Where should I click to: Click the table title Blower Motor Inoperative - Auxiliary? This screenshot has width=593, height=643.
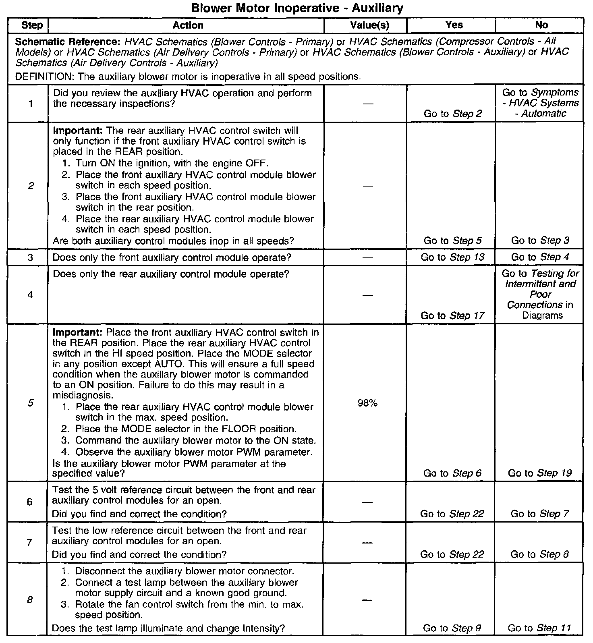pyautogui.click(x=297, y=8)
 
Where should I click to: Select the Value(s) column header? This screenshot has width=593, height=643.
pyautogui.click(x=369, y=25)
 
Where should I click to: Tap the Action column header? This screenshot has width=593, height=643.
pyautogui.click(x=188, y=25)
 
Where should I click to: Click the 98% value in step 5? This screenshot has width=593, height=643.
pyautogui.click(x=367, y=403)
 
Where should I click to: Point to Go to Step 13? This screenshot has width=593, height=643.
pyautogui.click(x=452, y=257)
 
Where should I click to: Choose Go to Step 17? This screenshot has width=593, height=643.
pyautogui.click(x=452, y=315)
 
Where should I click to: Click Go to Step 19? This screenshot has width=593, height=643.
pyautogui.click(x=540, y=473)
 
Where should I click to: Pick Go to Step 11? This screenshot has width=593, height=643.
pyautogui.click(x=540, y=628)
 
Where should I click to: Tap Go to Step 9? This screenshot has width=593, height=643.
pyautogui.click(x=452, y=628)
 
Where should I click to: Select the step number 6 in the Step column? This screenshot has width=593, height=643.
pyautogui.click(x=29, y=502)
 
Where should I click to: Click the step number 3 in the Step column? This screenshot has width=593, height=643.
pyautogui.click(x=30, y=257)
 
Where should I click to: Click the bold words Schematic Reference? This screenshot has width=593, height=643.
pyautogui.click(x=68, y=42)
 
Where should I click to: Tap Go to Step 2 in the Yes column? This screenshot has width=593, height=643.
pyautogui.click(x=453, y=114)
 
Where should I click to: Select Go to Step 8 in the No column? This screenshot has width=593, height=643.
pyautogui.click(x=540, y=554)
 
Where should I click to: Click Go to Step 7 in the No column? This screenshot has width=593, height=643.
pyautogui.click(x=540, y=514)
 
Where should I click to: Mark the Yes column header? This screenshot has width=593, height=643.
pyautogui.click(x=454, y=25)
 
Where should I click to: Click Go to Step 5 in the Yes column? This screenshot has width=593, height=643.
pyautogui.click(x=452, y=241)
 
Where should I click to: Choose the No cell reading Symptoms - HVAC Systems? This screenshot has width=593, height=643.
pyautogui.click(x=541, y=103)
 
